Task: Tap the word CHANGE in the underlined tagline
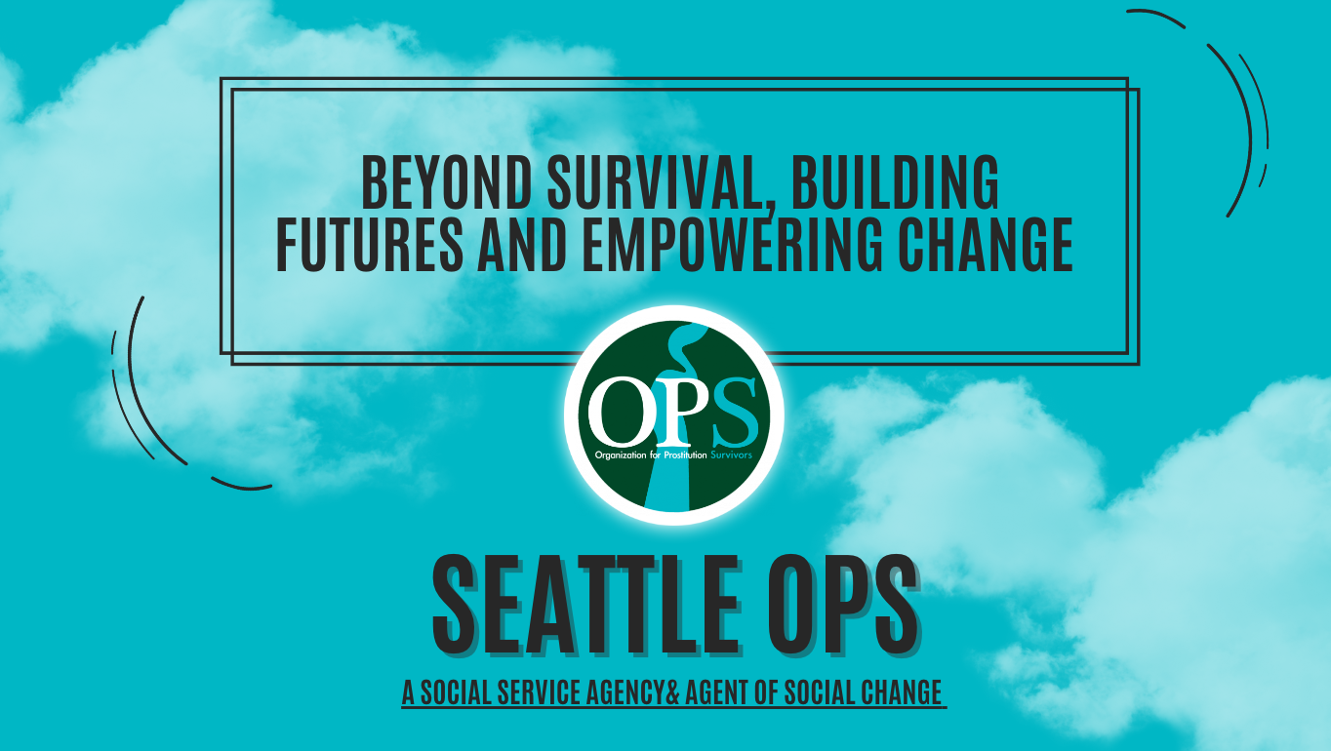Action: coord(903,692)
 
